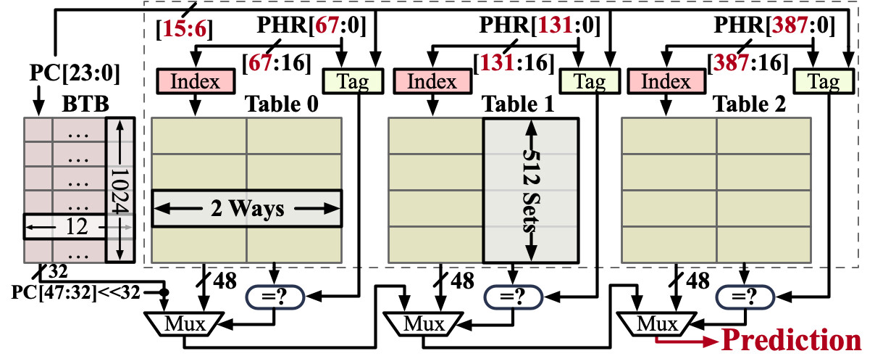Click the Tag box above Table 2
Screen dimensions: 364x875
pyautogui.click(x=823, y=81)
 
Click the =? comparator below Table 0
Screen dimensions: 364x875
pyautogui.click(x=275, y=296)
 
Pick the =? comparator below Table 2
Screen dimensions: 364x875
pyautogui.click(x=745, y=296)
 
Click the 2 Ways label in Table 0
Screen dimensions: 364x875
pyautogui.click(x=246, y=210)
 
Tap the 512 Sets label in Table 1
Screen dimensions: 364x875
pyautogui.click(x=531, y=190)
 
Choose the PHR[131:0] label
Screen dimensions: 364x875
pyautogui.click(x=536, y=28)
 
